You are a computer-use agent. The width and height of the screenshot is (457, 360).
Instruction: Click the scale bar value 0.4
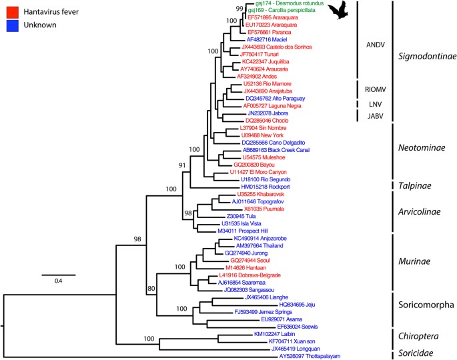click(x=59, y=281)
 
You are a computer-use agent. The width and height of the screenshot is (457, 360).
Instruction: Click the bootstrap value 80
click(x=151, y=288)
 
